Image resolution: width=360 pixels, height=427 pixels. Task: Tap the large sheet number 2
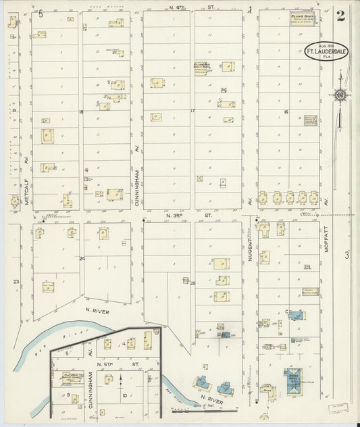[340, 16]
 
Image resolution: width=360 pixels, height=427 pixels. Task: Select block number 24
[82, 258]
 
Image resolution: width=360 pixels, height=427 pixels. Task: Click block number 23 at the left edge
[15, 280]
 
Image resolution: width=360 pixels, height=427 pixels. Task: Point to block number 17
[192, 111]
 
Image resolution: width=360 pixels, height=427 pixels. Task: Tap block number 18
[80, 111]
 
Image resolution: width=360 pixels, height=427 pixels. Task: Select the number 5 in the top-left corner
[41, 13]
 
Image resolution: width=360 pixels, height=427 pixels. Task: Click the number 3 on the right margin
[347, 255]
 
